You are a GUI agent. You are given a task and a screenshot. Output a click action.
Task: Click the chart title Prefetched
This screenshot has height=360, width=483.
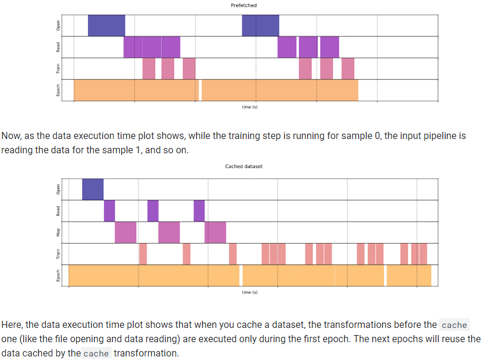pyautogui.click(x=244, y=5)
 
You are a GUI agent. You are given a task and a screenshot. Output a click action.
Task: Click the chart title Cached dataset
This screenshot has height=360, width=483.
pyautogui.click(x=244, y=166)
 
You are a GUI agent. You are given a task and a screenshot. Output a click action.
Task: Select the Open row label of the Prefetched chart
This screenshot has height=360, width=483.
pyautogui.click(x=58, y=26)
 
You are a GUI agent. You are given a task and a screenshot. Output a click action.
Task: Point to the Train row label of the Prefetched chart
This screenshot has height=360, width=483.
pyautogui.click(x=58, y=69)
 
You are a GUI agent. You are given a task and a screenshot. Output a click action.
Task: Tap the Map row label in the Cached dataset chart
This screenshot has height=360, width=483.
pyautogui.click(x=58, y=232)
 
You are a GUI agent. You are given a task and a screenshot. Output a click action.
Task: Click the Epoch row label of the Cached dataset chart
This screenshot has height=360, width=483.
pyautogui.click(x=58, y=275)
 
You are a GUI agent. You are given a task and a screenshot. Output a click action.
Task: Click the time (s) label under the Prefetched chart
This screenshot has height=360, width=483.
pyautogui.click(x=250, y=107)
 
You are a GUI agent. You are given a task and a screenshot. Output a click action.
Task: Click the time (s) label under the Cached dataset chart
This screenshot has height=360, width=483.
pyautogui.click(x=250, y=292)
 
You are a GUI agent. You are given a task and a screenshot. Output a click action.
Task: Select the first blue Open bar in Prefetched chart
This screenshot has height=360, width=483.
pyautogui.click(x=106, y=26)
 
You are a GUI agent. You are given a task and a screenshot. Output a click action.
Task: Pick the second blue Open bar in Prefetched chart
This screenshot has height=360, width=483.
pyautogui.click(x=260, y=26)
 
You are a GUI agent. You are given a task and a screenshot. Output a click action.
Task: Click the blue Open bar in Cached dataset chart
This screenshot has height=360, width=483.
pyautogui.click(x=92, y=189)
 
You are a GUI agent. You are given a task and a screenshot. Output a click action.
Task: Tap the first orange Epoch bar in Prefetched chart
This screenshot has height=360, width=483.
pyautogui.click(x=135, y=90)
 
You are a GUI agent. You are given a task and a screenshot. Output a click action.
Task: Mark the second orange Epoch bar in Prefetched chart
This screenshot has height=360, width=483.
pyautogui.click(x=280, y=90)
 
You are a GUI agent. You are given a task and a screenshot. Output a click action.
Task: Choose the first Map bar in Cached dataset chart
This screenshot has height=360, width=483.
pyautogui.click(x=125, y=232)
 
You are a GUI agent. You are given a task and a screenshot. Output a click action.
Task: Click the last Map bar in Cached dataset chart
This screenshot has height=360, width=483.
pyautogui.click(x=215, y=232)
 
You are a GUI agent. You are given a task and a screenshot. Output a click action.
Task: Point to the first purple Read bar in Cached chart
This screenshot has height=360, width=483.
pyautogui.click(x=109, y=210)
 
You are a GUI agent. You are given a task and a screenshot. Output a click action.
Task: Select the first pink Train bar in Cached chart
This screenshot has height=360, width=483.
pyautogui.click(x=143, y=254)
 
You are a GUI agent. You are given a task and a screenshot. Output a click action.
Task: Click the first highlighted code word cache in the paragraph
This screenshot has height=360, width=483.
pyautogui.click(x=454, y=325)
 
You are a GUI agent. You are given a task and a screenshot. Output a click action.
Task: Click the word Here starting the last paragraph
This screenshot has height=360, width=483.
pyautogui.click(x=12, y=325)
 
